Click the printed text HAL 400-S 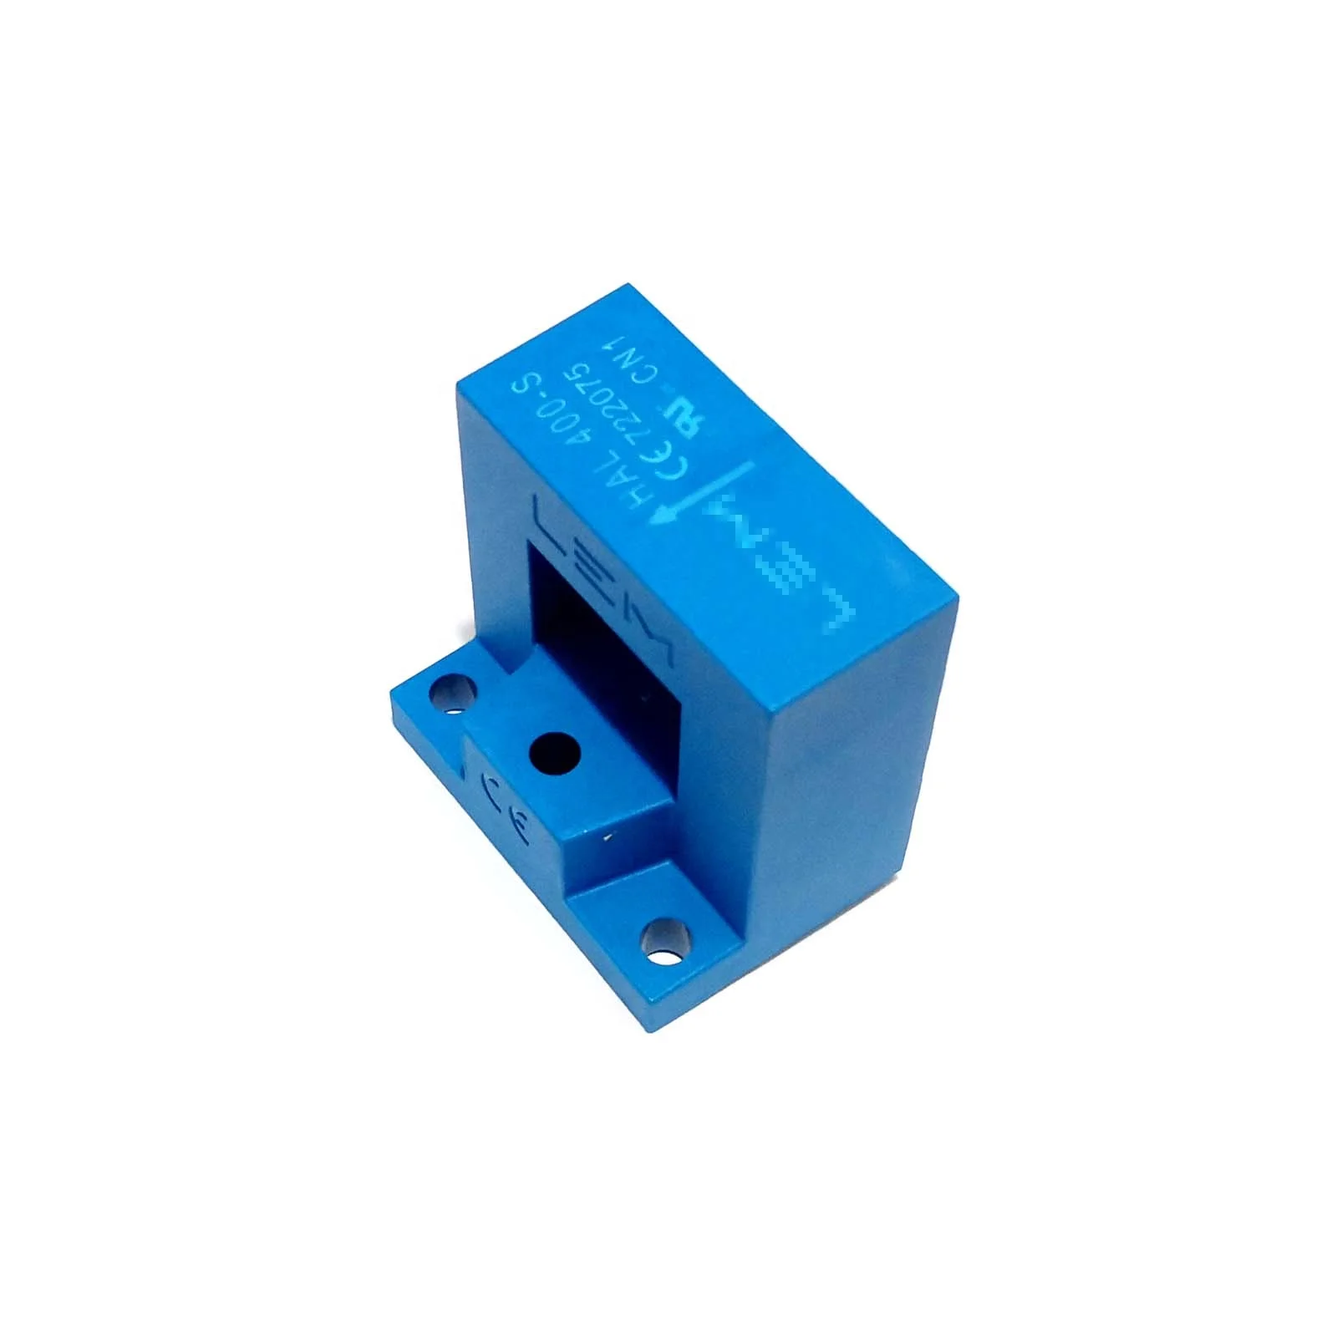click(569, 442)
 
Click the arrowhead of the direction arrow click(663, 519)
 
